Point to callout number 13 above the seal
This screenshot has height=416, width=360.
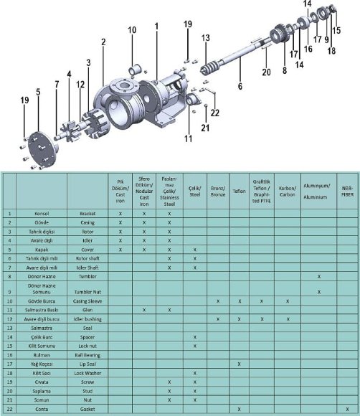click(205, 37)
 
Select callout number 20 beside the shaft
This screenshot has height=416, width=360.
click(266, 72)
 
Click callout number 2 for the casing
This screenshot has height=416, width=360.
click(103, 42)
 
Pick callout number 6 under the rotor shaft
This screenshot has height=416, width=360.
click(241, 85)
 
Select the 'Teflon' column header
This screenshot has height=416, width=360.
click(240, 192)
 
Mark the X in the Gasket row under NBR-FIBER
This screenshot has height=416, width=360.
click(348, 409)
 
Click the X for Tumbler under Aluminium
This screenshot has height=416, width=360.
click(319, 276)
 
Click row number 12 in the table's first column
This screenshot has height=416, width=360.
click(9, 318)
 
